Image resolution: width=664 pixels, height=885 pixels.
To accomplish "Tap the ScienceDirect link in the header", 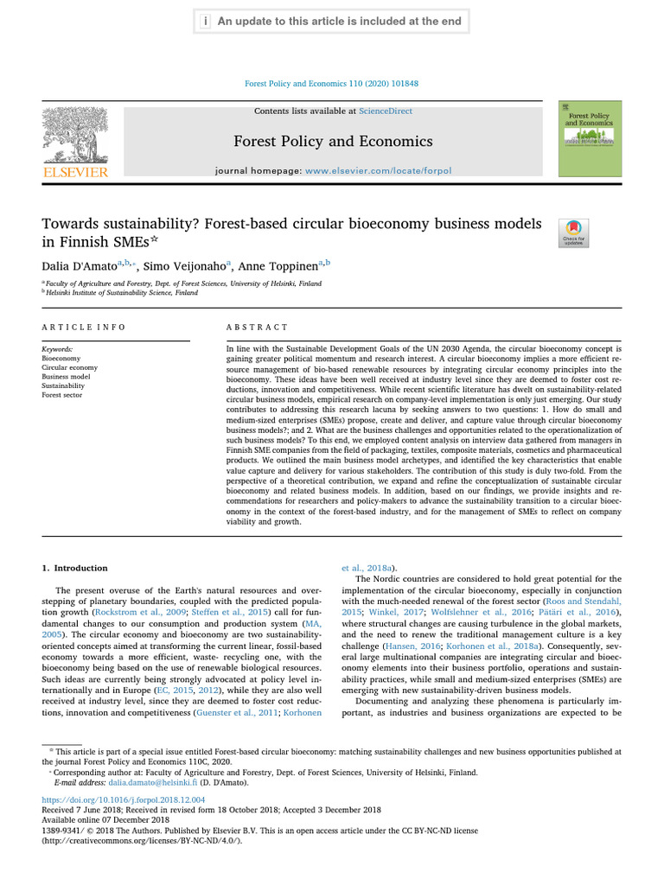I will (386, 111).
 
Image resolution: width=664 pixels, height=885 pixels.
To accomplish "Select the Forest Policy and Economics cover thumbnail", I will (590, 138).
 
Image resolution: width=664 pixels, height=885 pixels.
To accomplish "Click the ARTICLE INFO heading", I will (84, 328).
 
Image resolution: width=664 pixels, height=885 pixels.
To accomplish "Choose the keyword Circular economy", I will (69, 367).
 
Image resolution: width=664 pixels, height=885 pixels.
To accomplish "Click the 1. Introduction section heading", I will (75, 568).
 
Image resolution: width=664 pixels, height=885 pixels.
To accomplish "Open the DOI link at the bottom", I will (124, 800).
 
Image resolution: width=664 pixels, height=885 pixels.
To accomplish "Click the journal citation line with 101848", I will (332, 84).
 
